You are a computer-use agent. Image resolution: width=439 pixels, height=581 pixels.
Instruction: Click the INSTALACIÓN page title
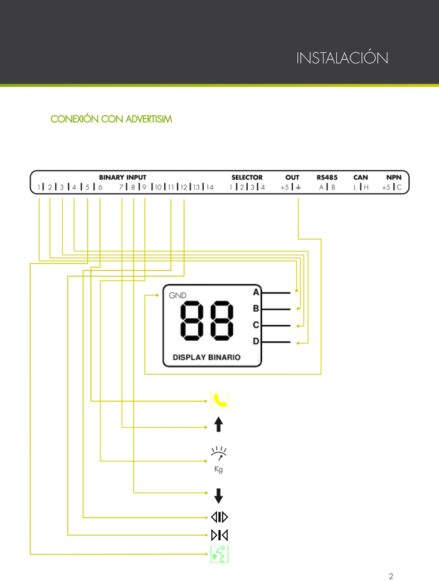pos(342,58)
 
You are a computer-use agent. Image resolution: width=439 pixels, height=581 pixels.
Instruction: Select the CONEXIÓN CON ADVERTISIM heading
pos(111,119)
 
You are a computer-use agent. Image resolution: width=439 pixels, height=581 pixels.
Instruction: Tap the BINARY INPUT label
pos(123,178)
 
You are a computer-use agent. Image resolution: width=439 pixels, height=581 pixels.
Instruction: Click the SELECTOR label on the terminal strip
pos(246,178)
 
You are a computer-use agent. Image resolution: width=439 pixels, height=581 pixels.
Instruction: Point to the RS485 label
pos(327,178)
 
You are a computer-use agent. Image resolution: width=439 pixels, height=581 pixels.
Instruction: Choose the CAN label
pos(361,178)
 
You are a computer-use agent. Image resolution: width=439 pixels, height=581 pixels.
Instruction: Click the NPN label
pos(394,178)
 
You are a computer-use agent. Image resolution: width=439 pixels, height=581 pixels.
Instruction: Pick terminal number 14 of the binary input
pos(210,187)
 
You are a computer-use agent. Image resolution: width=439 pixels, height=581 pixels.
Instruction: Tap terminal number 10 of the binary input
pos(158,187)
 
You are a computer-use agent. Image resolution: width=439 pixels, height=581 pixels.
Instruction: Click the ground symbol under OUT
pos(299,187)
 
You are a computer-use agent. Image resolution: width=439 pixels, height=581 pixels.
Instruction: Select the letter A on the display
pos(256,292)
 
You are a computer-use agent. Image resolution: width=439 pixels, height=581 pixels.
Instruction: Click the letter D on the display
pos(256,341)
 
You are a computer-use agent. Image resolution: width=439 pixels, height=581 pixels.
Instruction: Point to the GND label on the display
pos(177,296)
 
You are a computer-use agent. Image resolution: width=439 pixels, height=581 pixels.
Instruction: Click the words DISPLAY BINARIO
pos(206,357)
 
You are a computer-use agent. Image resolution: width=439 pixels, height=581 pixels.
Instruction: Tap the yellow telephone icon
pos(219,400)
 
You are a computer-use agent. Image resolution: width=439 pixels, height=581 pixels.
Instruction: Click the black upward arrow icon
pos(219,424)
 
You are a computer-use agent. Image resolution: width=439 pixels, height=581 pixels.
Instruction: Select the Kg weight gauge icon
pos(219,459)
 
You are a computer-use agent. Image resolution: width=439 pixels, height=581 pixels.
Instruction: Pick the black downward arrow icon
pos(219,496)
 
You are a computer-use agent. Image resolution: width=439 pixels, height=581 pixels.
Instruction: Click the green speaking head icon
pos(219,554)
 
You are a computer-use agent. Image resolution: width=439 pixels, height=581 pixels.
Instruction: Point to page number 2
pos(391,576)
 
